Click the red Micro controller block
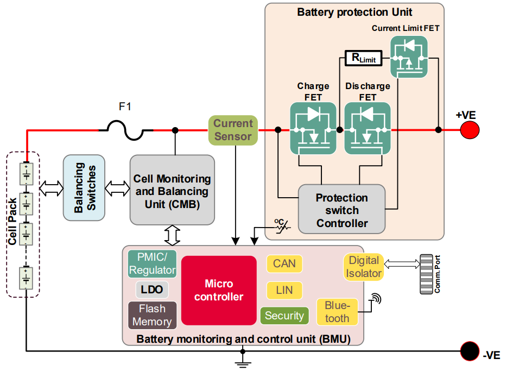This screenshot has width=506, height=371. (219, 290)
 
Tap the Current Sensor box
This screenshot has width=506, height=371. (233, 130)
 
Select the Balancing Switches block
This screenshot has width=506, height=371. (84, 188)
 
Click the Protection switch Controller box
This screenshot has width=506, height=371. (342, 210)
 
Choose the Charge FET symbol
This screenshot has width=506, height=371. (313, 128)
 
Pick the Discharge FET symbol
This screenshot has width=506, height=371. (368, 128)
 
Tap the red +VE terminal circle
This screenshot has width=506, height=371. (470, 130)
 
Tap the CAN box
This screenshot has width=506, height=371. (284, 264)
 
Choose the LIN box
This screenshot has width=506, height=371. (284, 290)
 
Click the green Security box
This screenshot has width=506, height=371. (284, 316)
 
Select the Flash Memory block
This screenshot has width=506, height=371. (152, 315)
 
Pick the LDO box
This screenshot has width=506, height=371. (151, 290)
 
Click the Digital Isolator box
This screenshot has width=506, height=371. (364, 267)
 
